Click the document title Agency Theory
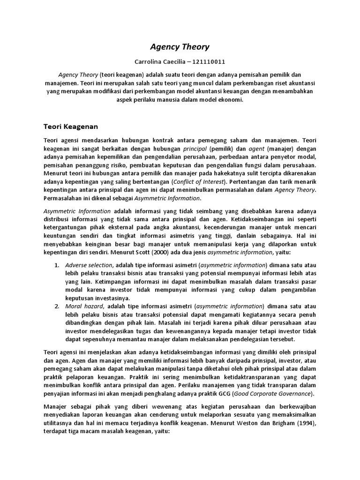point(180,47)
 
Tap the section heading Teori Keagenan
point(71,126)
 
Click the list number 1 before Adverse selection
point(56,265)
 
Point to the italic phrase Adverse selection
point(89,265)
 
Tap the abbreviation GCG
point(222,393)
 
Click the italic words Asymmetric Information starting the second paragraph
point(77,211)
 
